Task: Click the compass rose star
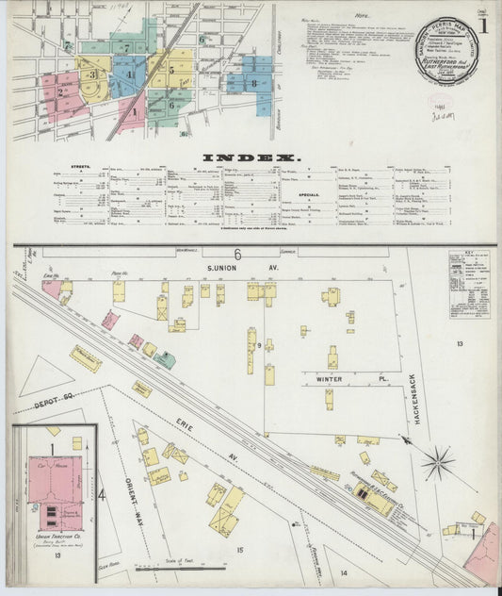point(437,463)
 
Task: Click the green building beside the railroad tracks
point(165,359)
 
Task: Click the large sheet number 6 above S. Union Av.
point(238,254)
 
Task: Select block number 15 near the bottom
point(239,549)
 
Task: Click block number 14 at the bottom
point(344,572)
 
